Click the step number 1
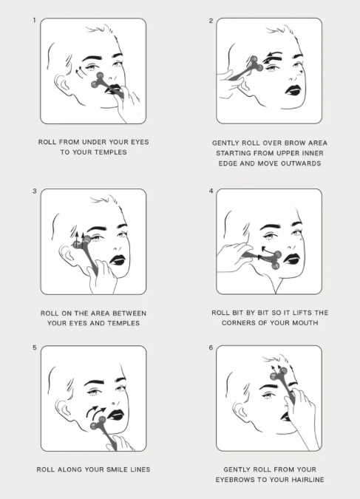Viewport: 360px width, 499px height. [x=34, y=21]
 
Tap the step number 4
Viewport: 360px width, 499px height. [x=211, y=191]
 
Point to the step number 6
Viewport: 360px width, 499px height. [x=211, y=347]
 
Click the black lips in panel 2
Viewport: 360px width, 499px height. [x=293, y=90]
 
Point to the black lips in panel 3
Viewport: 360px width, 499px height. [x=118, y=260]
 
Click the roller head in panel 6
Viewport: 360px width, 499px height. [x=279, y=374]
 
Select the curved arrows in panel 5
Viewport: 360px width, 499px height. [x=95, y=411]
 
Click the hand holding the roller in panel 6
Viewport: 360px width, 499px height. [x=302, y=417]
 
